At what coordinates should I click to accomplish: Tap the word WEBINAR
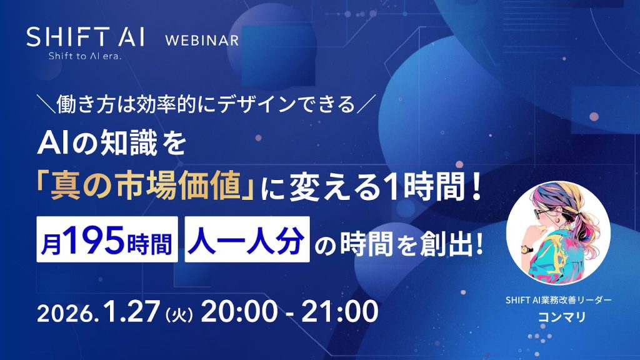click(x=201, y=41)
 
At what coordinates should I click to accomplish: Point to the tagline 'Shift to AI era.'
click(x=86, y=57)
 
